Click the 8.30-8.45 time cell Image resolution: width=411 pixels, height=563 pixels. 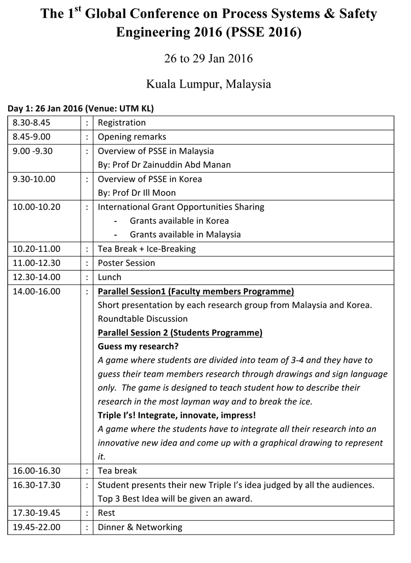(31, 123)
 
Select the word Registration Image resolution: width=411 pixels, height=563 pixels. (122, 123)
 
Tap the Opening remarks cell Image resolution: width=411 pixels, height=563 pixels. (132, 137)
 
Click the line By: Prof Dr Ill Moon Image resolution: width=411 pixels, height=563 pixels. (136, 193)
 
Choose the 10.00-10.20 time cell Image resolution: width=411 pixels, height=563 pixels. (37, 207)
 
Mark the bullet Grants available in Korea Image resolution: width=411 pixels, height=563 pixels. (179, 221)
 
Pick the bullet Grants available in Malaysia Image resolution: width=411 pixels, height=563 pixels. (185, 235)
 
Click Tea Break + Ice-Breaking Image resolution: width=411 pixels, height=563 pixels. (146, 249)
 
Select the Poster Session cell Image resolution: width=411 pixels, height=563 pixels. (126, 263)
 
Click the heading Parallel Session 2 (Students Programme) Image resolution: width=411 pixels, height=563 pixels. (180, 333)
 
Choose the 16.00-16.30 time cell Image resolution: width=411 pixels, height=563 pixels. (37, 471)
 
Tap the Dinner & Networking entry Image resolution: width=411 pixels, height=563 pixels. (140, 527)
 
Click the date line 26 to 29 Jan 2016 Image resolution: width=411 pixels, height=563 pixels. (208, 59)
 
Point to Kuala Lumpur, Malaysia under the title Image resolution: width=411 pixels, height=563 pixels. (208, 84)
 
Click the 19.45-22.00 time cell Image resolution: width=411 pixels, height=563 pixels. (37, 527)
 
